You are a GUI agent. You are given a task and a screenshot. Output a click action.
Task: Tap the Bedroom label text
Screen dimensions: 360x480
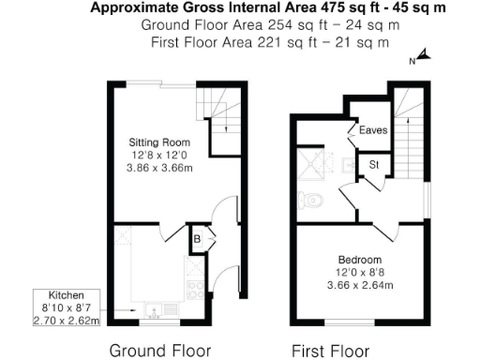point(360,259)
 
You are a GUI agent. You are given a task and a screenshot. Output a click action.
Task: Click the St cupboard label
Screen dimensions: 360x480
point(373,165)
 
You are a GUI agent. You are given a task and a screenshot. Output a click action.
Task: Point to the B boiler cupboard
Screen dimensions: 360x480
point(198,238)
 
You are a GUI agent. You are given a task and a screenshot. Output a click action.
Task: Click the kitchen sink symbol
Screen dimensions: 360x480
point(155,307)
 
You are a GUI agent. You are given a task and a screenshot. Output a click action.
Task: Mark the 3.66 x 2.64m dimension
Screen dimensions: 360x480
point(361,286)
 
